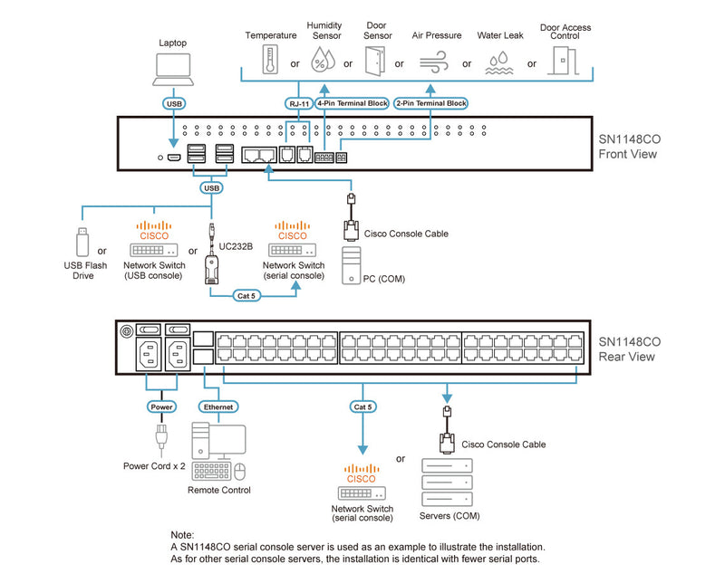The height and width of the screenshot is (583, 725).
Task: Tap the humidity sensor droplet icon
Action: (x=323, y=61)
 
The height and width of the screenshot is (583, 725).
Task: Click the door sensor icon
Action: (x=373, y=61)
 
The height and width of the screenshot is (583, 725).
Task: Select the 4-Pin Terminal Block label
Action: (x=352, y=103)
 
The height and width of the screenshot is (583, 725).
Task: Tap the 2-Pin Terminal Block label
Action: (x=430, y=103)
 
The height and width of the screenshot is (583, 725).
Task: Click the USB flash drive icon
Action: (x=81, y=241)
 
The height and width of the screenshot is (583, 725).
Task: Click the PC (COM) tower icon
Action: (x=354, y=265)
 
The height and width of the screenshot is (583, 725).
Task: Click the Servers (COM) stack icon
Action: (x=448, y=485)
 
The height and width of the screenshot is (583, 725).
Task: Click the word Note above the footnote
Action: (x=182, y=535)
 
